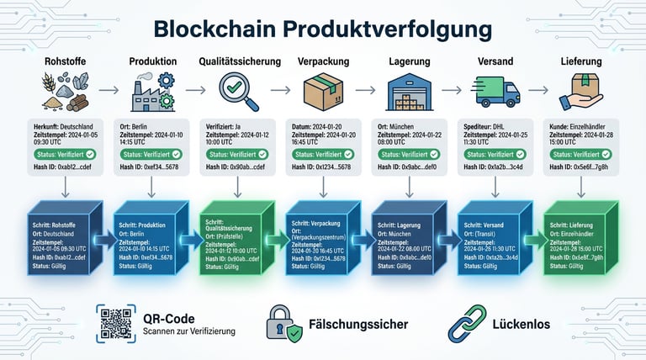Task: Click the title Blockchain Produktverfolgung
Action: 323,29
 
